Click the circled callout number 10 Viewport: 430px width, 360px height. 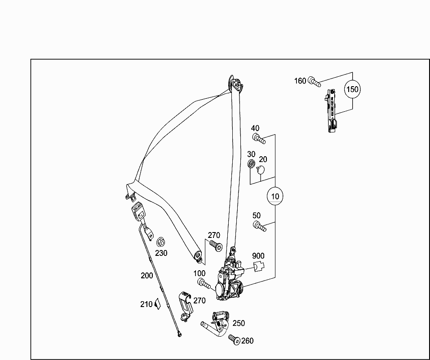[x=275, y=196]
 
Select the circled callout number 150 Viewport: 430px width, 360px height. [x=352, y=89]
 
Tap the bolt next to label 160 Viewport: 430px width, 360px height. [x=314, y=82]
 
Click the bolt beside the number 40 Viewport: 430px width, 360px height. [x=259, y=139]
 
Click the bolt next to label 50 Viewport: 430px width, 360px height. [x=259, y=226]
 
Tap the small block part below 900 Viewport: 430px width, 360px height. [x=258, y=267]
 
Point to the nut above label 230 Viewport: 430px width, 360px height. [x=160, y=241]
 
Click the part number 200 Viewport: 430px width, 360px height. [x=147, y=276]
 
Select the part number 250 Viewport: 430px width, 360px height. [x=239, y=323]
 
